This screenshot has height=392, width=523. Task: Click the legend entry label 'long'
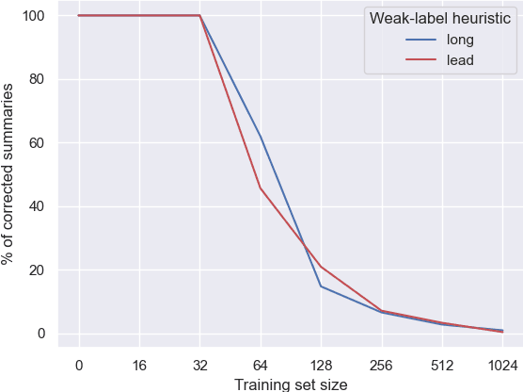coord(461,40)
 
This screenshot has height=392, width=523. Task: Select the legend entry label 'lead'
coord(461,60)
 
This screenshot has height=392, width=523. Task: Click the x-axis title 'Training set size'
coord(291,384)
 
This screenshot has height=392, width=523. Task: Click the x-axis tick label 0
coord(79,366)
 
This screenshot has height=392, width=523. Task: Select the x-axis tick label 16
coord(139,366)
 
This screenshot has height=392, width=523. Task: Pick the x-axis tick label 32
coord(199,366)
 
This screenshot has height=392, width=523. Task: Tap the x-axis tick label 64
coord(261,366)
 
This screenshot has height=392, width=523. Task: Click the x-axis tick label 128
coord(321,366)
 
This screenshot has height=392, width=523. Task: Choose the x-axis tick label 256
coord(381,366)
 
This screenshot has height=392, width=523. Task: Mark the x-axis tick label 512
coord(442,366)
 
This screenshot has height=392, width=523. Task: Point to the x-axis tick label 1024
coord(502,366)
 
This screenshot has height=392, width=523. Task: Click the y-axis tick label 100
coord(34,16)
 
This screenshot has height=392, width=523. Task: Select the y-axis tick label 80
coord(38,79)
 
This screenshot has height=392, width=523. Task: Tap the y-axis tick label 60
coord(38,143)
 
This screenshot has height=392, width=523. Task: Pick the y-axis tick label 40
coord(38,206)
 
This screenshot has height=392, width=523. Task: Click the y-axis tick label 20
coord(38,270)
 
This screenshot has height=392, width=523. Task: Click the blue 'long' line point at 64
coord(261,138)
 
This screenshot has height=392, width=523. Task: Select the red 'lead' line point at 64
coord(261,188)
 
